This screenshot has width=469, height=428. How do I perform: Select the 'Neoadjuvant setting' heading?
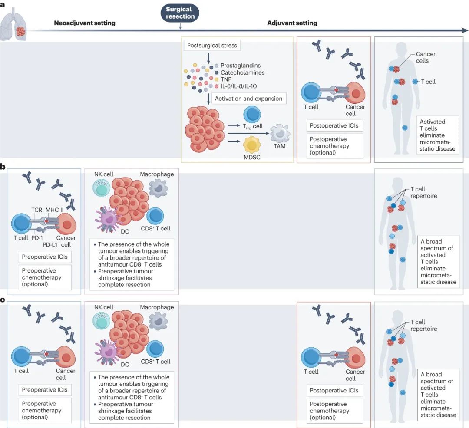[85, 23]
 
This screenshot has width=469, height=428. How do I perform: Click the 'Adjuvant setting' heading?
[292, 23]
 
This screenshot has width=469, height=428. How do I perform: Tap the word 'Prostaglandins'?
[240, 66]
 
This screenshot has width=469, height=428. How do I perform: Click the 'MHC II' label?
[54, 210]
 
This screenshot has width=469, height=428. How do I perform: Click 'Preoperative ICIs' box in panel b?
[45, 257]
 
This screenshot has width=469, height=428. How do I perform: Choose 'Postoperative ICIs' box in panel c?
[334, 390]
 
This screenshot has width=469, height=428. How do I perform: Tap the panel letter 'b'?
[3, 167]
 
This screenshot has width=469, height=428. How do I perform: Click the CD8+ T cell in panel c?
[155, 349]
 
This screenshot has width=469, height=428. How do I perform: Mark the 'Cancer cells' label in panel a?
[425, 57]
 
